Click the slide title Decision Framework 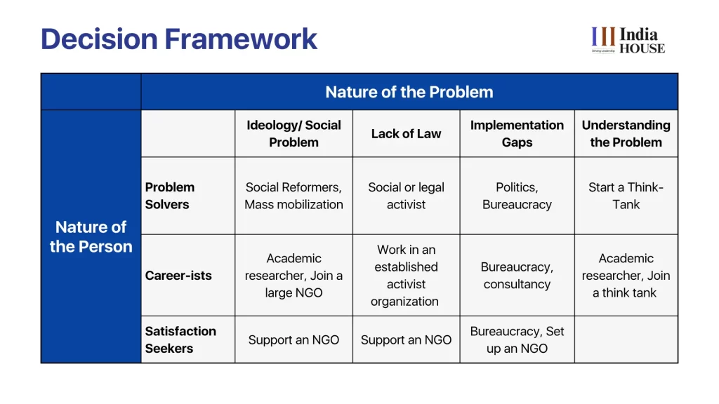click(x=179, y=39)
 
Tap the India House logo click(x=628, y=40)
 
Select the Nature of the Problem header click(x=409, y=92)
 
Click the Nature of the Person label click(x=91, y=237)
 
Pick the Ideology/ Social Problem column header click(x=293, y=134)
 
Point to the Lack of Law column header click(x=406, y=134)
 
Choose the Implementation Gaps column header click(x=517, y=134)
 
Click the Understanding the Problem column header click(x=626, y=134)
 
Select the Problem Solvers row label click(x=170, y=196)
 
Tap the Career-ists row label click(x=178, y=275)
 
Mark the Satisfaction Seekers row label click(x=180, y=339)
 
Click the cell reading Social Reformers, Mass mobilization click(x=293, y=196)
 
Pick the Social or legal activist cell click(x=406, y=196)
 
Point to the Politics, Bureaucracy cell click(x=517, y=196)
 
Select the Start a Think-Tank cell click(x=626, y=196)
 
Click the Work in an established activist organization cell click(x=406, y=275)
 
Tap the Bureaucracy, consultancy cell click(x=517, y=275)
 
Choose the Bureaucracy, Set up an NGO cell click(x=517, y=339)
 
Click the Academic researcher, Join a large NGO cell click(x=293, y=275)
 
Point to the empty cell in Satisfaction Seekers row click(x=626, y=339)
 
